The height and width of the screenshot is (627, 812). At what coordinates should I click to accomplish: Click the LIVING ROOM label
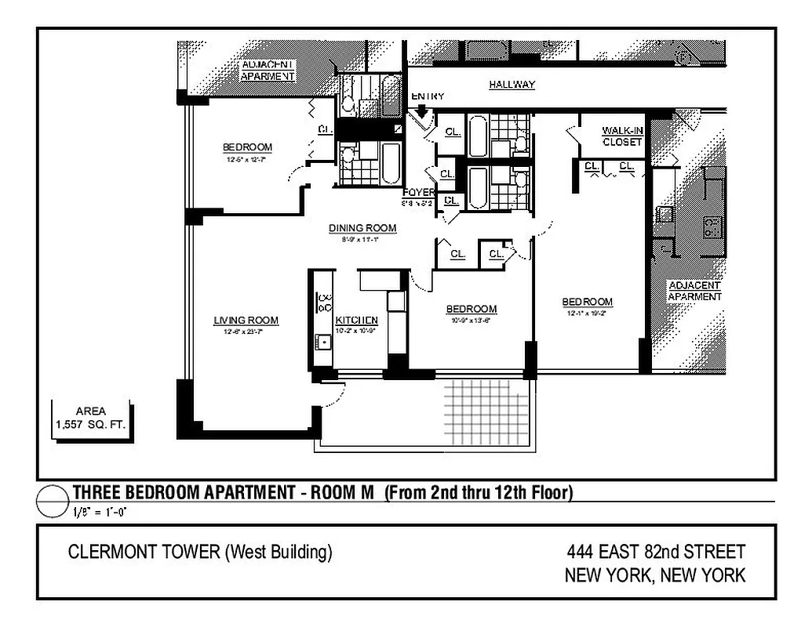click(246, 320)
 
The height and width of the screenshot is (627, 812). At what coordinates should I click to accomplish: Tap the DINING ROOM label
click(362, 228)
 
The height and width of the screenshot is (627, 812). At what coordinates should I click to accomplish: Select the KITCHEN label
click(357, 321)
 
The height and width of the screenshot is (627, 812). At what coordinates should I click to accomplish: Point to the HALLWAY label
click(512, 85)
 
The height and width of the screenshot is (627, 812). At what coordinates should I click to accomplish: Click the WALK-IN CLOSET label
click(622, 136)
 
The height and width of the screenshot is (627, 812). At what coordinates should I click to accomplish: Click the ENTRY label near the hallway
click(428, 96)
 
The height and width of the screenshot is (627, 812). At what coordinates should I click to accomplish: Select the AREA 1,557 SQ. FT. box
click(91, 419)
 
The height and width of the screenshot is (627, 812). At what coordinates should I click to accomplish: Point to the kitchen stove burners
click(323, 302)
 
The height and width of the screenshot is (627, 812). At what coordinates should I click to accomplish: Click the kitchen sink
click(322, 342)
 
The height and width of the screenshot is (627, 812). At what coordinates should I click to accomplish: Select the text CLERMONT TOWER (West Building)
click(200, 553)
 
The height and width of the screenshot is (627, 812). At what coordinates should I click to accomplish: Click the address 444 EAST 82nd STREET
click(655, 553)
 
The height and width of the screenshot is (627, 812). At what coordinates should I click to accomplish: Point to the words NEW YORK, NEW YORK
click(655, 576)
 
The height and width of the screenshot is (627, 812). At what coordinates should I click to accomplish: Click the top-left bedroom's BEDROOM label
click(247, 147)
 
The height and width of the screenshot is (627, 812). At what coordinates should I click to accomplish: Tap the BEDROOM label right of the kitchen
click(472, 309)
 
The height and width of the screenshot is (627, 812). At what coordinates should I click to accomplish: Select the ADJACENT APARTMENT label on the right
click(694, 291)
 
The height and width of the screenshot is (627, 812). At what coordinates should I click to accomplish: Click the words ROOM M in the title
click(342, 493)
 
